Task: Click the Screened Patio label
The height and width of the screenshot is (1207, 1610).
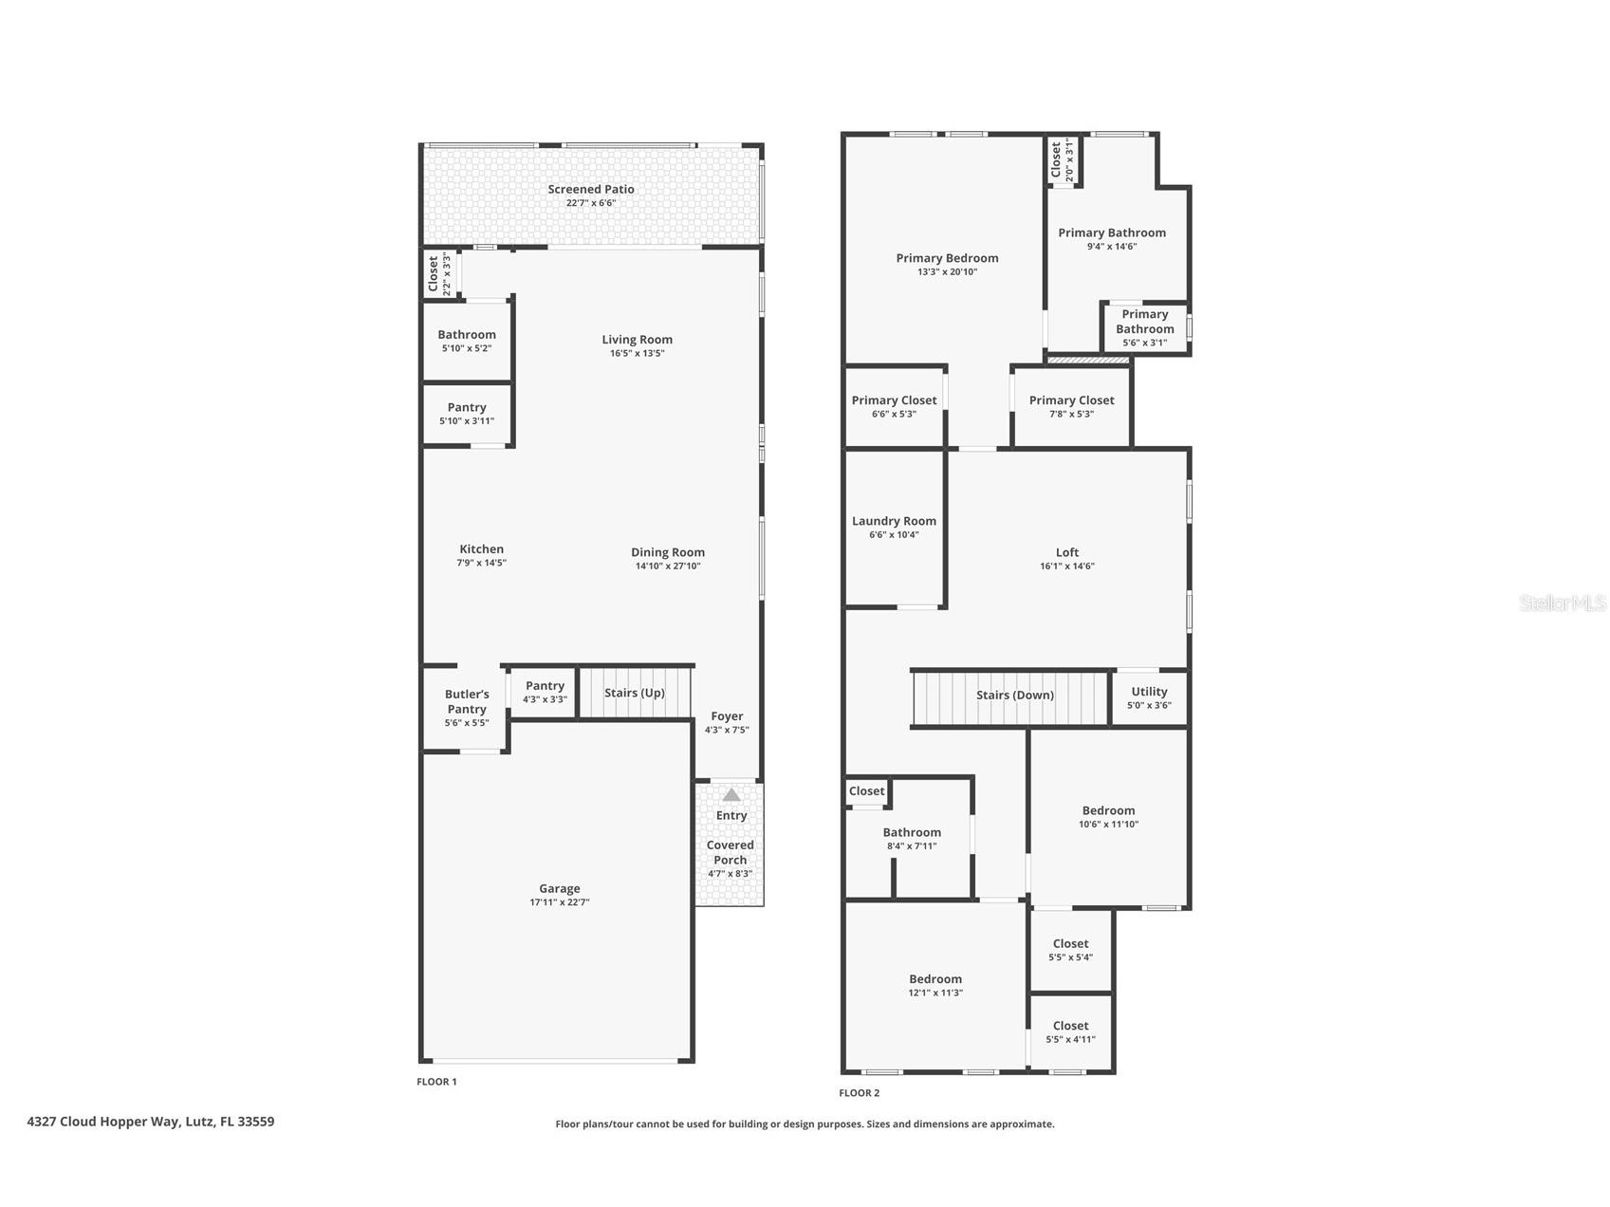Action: [x=591, y=189]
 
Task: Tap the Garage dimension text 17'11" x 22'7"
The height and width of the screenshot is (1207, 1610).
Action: [x=560, y=902]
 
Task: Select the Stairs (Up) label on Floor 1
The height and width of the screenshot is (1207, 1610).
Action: [x=635, y=693]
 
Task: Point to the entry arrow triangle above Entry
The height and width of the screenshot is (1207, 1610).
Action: [x=731, y=794]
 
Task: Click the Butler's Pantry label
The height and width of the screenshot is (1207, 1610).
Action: [x=467, y=701]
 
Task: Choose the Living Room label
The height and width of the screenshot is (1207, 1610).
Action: [x=638, y=339]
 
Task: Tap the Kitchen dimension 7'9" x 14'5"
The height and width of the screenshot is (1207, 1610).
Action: [x=482, y=563]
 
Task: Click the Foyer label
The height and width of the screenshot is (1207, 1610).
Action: [x=728, y=716]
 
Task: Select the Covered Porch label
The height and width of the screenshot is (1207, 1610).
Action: [x=731, y=852]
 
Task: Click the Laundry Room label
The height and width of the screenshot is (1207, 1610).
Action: [x=894, y=521]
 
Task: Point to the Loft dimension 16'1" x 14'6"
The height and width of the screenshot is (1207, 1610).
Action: [x=1067, y=566]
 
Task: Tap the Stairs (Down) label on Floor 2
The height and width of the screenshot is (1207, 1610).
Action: [x=1015, y=695]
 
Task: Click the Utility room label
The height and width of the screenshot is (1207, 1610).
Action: [x=1149, y=692]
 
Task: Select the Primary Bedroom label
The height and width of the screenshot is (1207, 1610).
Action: [x=947, y=258]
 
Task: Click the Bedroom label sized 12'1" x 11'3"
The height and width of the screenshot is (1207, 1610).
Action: [x=935, y=979]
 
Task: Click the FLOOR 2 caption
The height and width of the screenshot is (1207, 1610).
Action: [x=860, y=1093]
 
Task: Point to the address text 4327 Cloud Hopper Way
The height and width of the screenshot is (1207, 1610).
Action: [x=103, y=1122]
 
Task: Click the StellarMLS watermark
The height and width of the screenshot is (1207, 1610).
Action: [x=1563, y=603]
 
